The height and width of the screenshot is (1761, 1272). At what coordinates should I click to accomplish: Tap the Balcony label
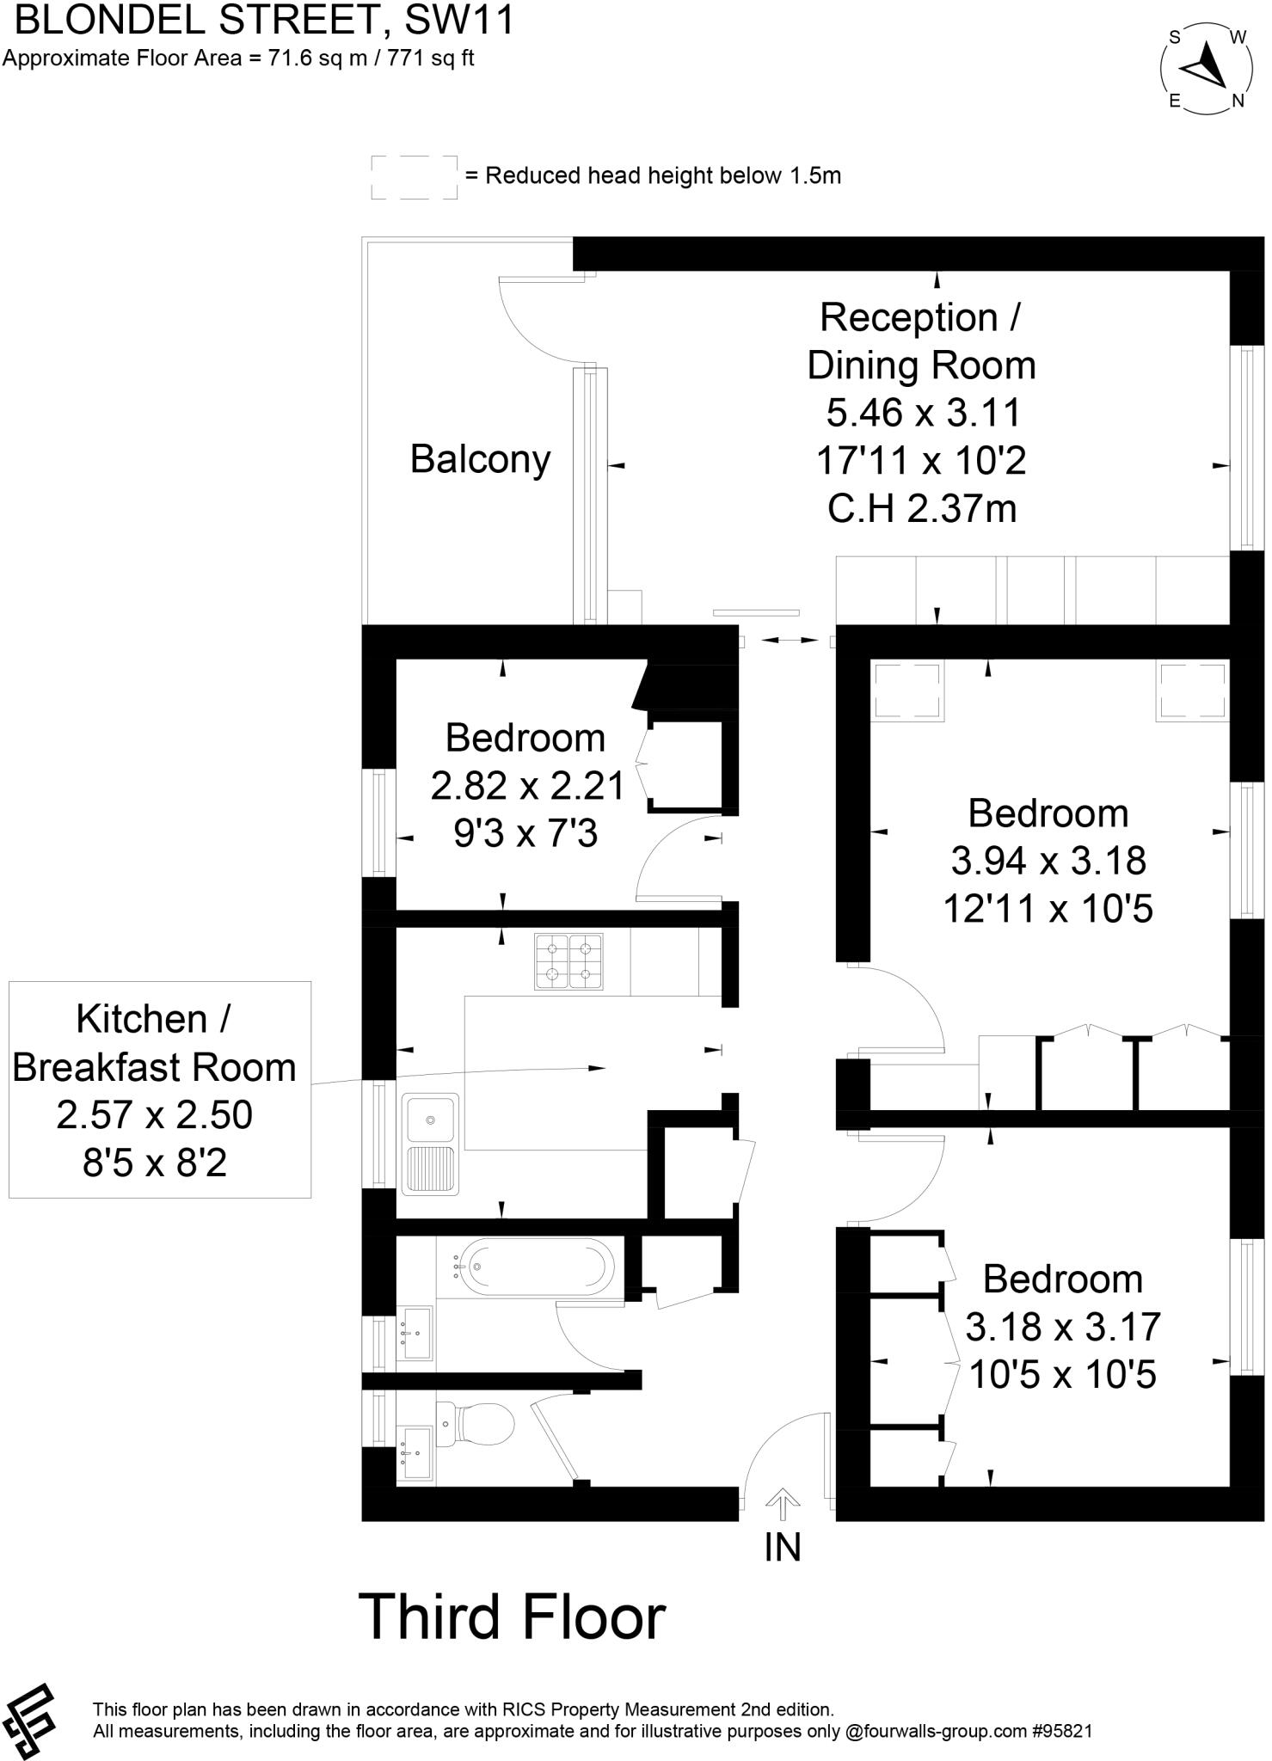pyautogui.click(x=480, y=459)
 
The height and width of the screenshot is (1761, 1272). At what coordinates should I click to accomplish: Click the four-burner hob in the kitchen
pyautogui.click(x=568, y=961)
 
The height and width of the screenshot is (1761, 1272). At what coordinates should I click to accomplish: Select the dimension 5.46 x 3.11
pyautogui.click(x=923, y=413)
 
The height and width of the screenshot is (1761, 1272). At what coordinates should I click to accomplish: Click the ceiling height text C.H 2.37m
pyautogui.click(x=922, y=509)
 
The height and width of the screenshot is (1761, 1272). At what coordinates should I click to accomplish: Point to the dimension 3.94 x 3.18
pyautogui.click(x=1048, y=860)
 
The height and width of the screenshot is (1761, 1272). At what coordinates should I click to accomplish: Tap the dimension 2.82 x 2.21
pyautogui.click(x=526, y=785)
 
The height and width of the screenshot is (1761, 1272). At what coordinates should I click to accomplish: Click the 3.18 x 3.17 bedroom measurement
pyautogui.click(x=1062, y=1327)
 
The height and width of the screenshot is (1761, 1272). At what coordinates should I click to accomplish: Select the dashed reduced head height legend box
pyautogui.click(x=414, y=177)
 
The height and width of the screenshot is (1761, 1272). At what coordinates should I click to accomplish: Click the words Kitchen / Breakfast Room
pyautogui.click(x=155, y=1042)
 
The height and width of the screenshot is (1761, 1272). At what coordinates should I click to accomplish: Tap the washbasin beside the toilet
pyautogui.click(x=415, y=1453)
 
